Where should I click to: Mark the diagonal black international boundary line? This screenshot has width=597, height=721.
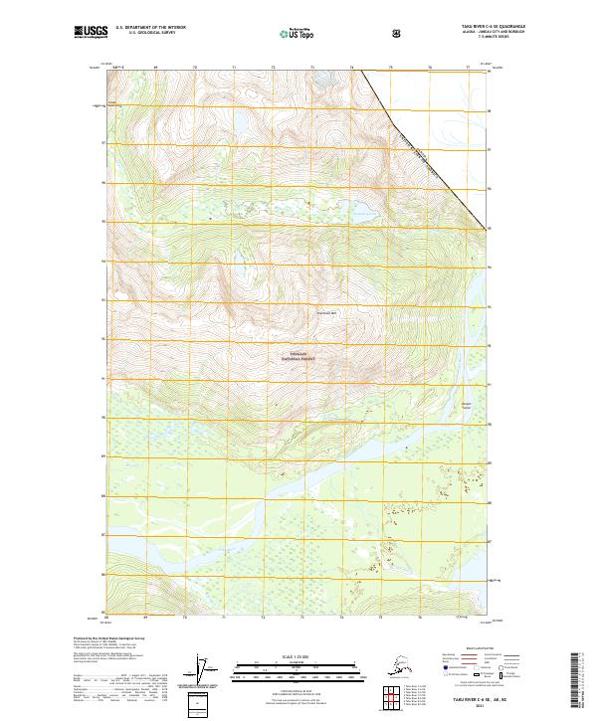418,149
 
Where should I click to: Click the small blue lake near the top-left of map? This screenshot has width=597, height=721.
239,123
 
